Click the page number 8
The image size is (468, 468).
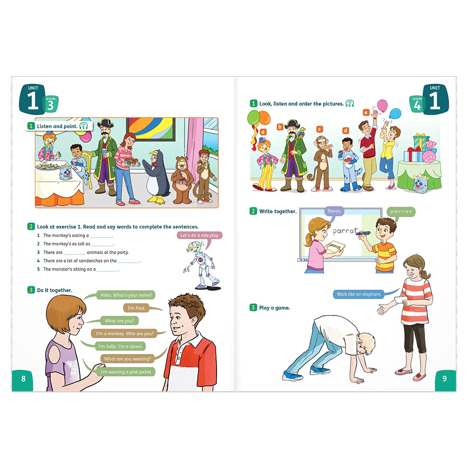[x=24, y=378]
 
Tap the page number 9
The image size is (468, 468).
[x=444, y=378]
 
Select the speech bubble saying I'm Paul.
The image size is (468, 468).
[x=137, y=308]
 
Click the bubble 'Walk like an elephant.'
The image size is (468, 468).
[x=359, y=294]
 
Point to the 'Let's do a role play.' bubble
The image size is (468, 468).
[x=200, y=235]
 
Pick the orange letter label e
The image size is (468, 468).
[x=366, y=112]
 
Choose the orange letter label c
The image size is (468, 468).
[x=319, y=129]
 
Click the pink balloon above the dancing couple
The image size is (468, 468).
[x=382, y=106]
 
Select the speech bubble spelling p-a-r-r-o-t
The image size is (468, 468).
[x=401, y=212]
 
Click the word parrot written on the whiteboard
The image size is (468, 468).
[x=346, y=231]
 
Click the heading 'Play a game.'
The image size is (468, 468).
[x=274, y=308]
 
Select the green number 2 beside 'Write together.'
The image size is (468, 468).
[x=253, y=211]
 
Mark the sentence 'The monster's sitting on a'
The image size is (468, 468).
[x=69, y=270]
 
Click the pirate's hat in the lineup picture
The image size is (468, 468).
[x=293, y=124]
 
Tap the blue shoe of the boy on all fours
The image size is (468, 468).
[x=290, y=376]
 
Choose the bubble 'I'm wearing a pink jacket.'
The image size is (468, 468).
[x=126, y=372]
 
